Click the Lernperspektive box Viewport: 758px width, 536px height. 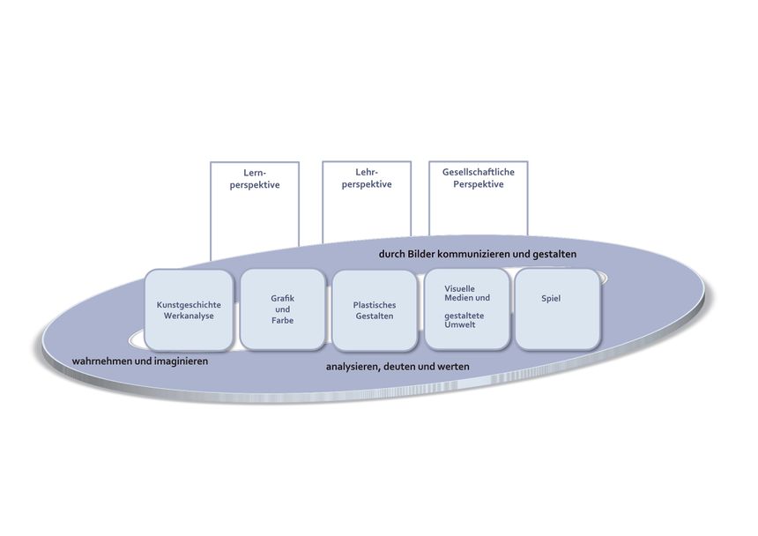click(x=255, y=207)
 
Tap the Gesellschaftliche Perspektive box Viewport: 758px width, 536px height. click(x=478, y=203)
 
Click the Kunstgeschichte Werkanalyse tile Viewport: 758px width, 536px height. click(x=188, y=309)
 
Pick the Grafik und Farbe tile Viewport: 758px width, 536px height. click(x=282, y=309)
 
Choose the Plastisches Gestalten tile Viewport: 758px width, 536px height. click(x=375, y=309)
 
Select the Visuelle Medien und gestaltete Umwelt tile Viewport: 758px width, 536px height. click(x=467, y=309)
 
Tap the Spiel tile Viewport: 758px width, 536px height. click(x=558, y=309)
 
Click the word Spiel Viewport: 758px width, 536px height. click(x=551, y=299)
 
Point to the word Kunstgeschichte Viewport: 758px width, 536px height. click(x=189, y=304)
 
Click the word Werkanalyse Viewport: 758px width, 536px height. click(x=189, y=316)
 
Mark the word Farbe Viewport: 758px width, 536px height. click(x=282, y=320)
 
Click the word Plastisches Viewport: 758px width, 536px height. click(x=375, y=305)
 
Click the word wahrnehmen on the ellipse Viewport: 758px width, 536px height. click(x=102, y=361)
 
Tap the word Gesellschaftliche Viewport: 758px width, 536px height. click(x=478, y=173)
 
